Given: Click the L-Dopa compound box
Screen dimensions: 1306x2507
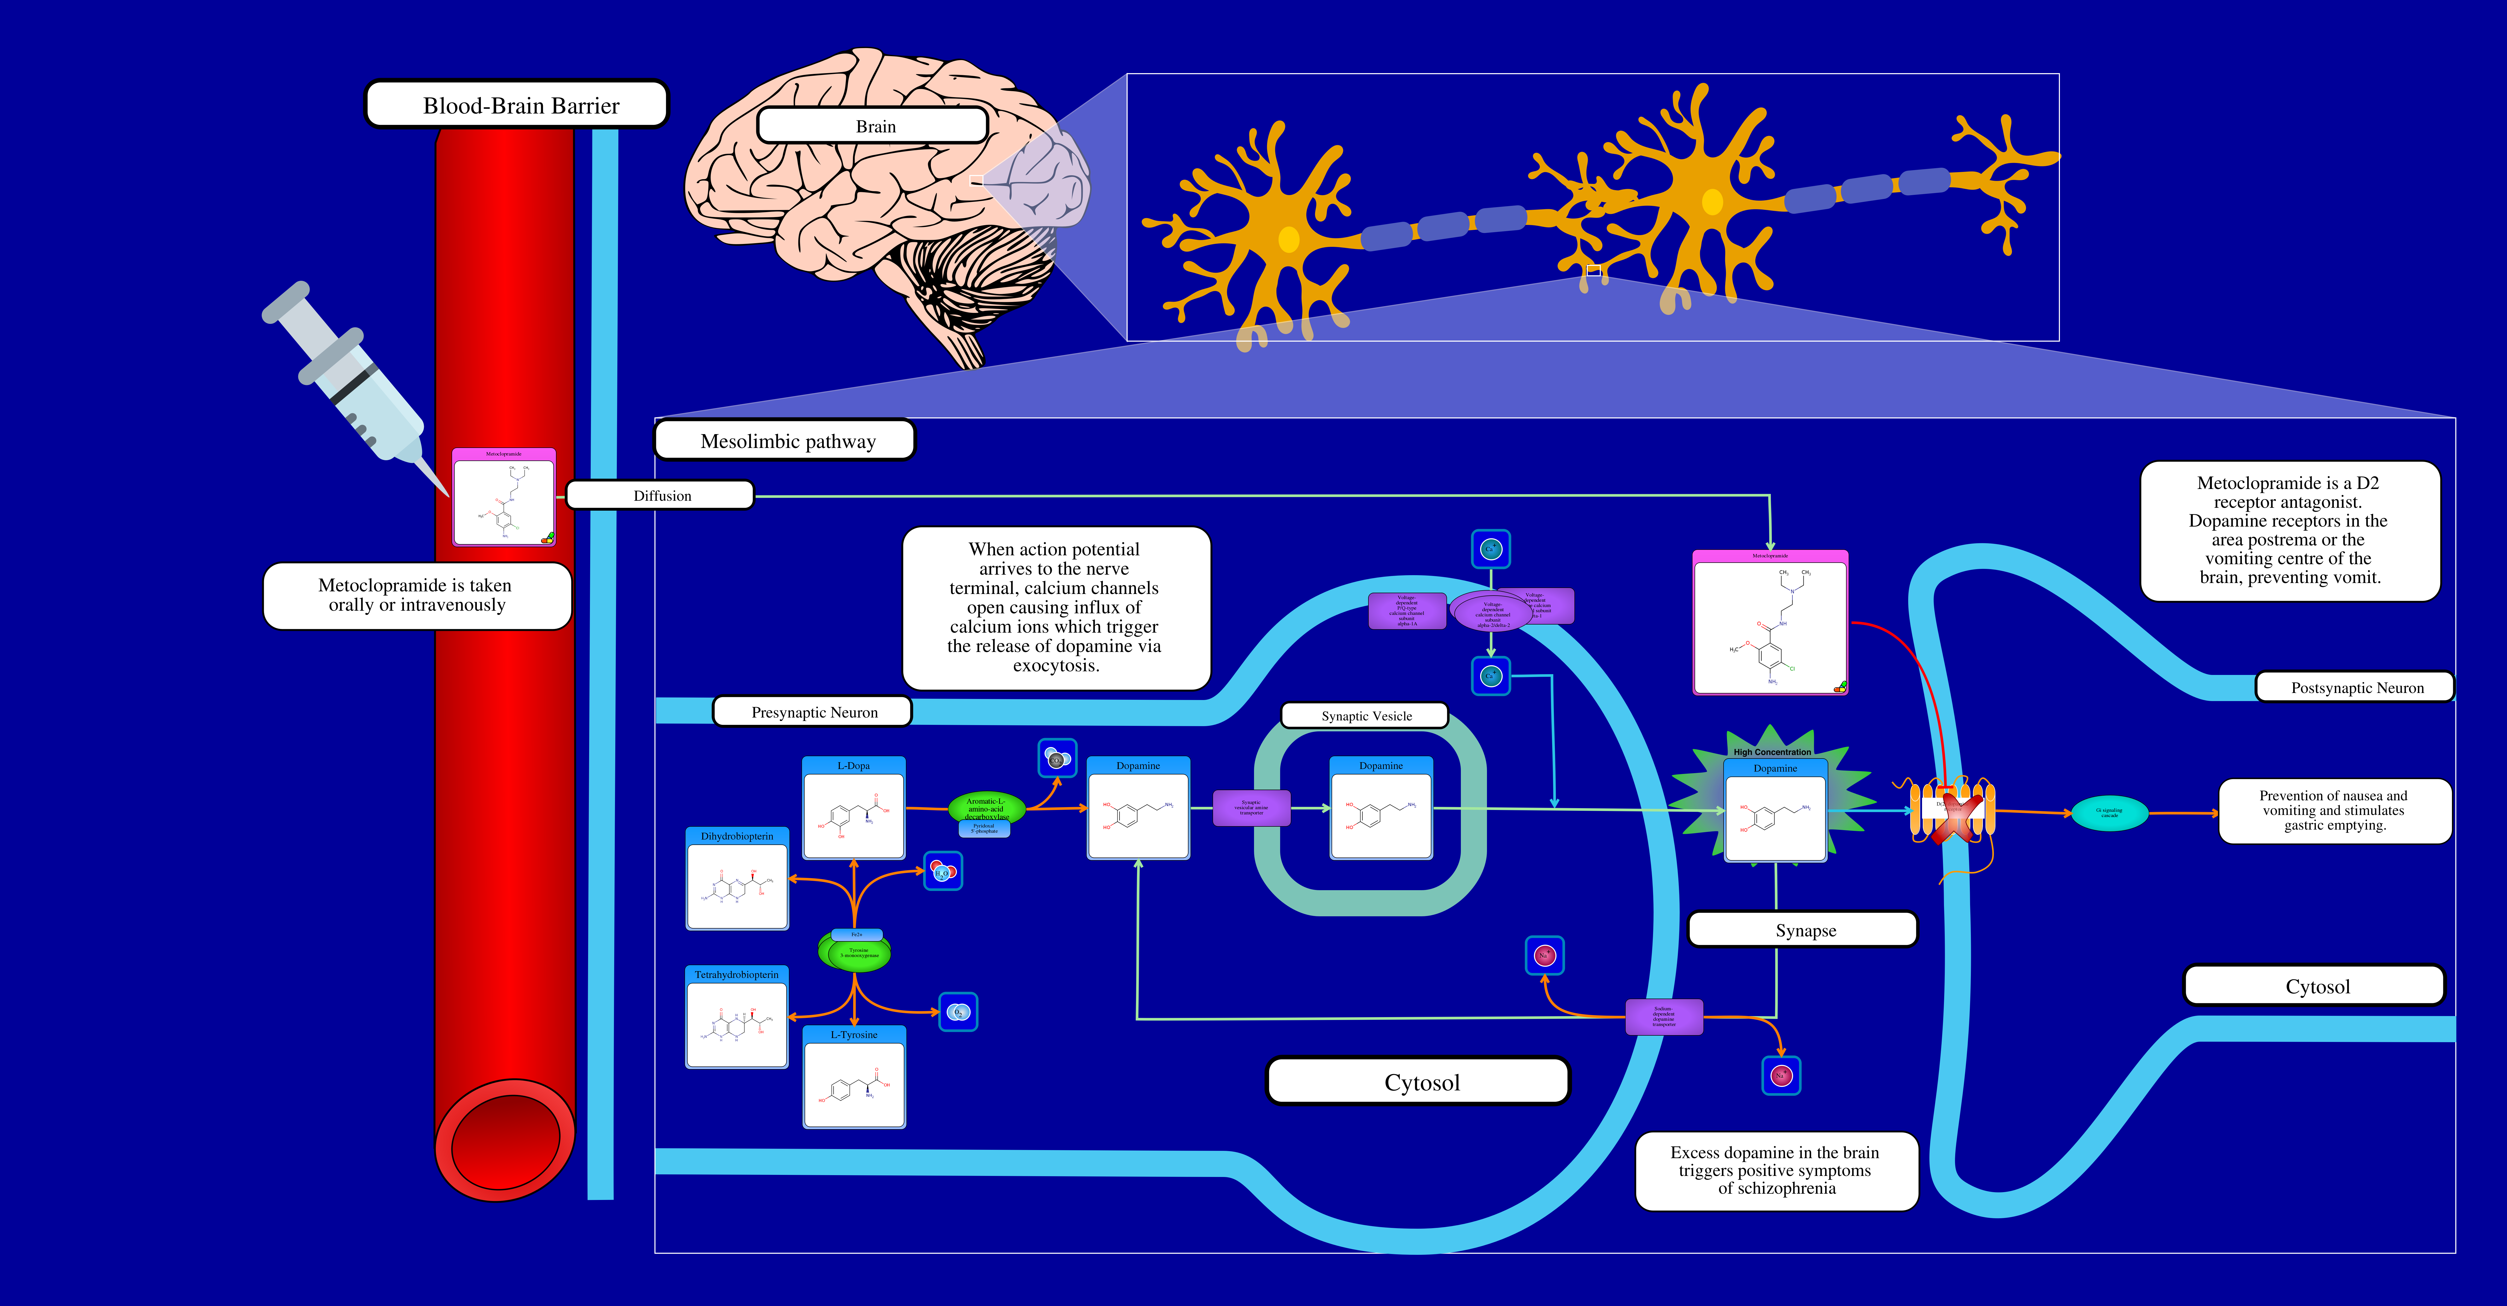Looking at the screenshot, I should [x=853, y=808].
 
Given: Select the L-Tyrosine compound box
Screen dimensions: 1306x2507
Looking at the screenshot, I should [x=853, y=1076].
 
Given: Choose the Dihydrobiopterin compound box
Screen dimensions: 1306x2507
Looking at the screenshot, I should [x=737, y=879].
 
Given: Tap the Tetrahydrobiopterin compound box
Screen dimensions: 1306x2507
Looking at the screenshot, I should [x=737, y=1017].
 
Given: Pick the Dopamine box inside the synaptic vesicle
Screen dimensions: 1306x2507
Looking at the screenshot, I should [x=1381, y=808].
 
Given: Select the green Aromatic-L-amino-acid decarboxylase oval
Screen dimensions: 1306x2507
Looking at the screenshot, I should [x=986, y=808].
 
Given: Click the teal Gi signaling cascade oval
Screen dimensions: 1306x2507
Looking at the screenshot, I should [x=2109, y=813].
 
